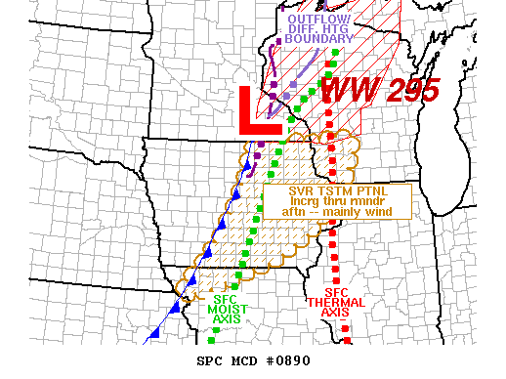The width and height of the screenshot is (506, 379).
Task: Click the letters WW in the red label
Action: point(347,93)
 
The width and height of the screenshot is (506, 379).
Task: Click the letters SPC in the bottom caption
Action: point(210,360)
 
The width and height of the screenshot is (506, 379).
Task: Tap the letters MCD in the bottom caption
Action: point(244,360)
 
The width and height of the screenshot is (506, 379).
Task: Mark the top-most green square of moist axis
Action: point(335,53)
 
